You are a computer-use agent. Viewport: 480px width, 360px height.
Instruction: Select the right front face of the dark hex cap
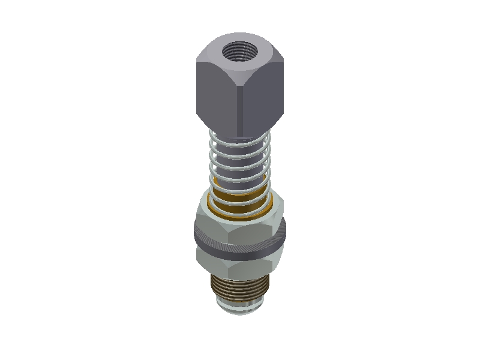click(x=262, y=96)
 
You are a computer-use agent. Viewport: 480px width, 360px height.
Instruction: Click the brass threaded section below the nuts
click(x=240, y=288)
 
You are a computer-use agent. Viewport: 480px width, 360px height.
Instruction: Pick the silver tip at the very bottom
click(x=240, y=308)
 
